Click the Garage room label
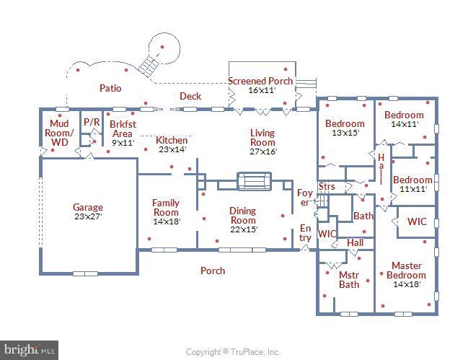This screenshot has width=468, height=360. (88, 207)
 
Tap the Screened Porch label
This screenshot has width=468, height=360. (260, 81)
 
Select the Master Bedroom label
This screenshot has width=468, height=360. (406, 271)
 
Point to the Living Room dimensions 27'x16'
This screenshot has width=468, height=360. (262, 152)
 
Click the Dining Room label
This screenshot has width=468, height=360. (242, 216)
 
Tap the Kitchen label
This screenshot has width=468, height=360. (172, 140)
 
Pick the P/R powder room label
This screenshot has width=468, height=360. (92, 123)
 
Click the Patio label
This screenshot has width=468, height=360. (110, 88)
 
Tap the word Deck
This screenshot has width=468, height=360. (190, 96)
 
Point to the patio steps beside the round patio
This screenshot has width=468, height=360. (149, 66)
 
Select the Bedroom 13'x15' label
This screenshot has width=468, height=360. (345, 128)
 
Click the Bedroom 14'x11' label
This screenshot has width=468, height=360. (403, 119)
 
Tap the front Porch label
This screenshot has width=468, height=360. (212, 271)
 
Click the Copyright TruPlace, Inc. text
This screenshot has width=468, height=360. (232, 352)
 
